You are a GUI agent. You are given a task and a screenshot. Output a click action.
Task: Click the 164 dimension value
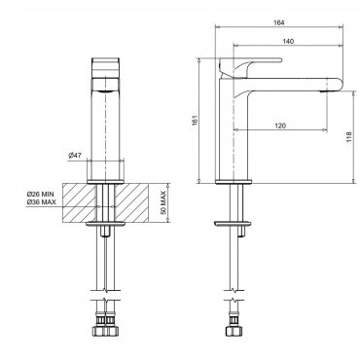tap(279, 22)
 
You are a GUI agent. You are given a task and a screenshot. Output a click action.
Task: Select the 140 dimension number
tap(288, 41)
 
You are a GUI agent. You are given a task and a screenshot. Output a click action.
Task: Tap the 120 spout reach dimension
tap(280, 126)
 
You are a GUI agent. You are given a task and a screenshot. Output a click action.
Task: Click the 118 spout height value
tap(348, 137)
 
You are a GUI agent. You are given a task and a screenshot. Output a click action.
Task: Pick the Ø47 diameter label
tap(75, 156)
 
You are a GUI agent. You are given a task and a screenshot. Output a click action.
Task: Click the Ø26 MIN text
tap(41, 195)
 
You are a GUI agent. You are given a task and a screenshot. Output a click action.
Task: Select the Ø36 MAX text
tap(42, 202)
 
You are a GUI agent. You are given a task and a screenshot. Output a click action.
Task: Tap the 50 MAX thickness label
tap(163, 202)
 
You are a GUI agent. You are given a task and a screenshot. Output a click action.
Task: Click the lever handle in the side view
tap(250, 65)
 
